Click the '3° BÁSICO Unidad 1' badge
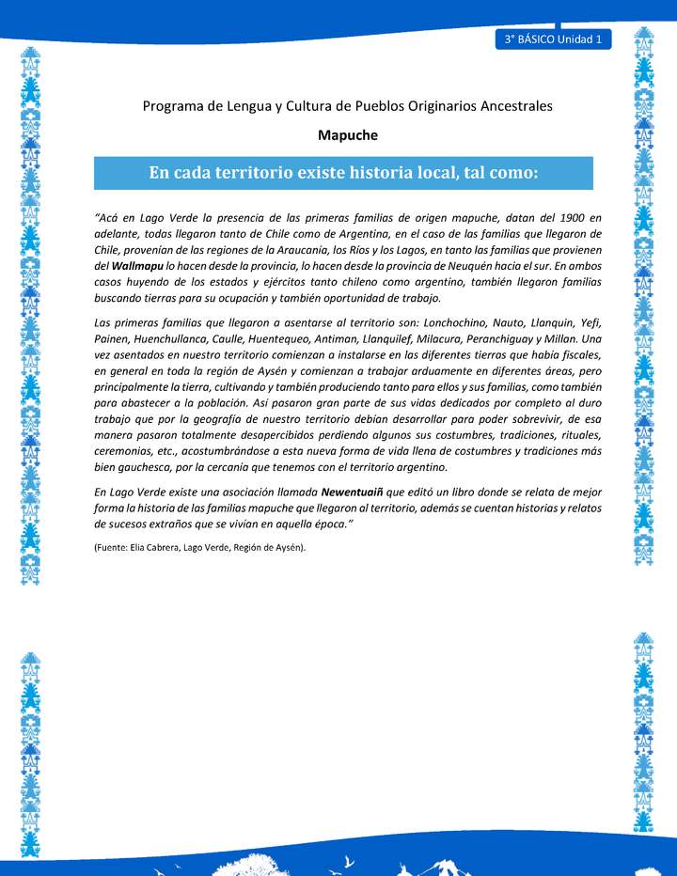pyautogui.click(x=553, y=39)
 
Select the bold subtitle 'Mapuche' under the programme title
pyautogui.click(x=348, y=134)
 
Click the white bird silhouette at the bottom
pyautogui.click(x=350, y=859)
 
